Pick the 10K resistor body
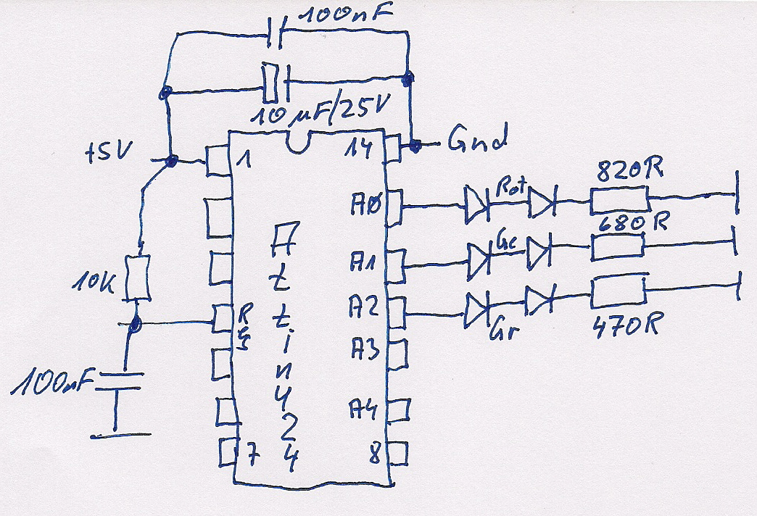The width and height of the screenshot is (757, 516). click(x=137, y=278)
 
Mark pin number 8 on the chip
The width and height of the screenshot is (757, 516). click(x=375, y=456)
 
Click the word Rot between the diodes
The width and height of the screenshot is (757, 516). click(x=510, y=186)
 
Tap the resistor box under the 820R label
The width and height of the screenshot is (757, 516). click(x=619, y=199)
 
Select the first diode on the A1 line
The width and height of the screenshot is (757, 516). click(x=480, y=256)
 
